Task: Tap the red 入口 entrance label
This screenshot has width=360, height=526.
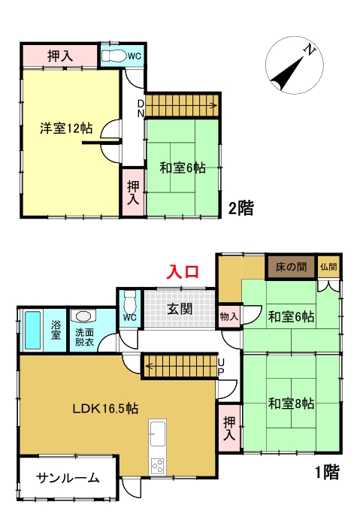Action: click(x=183, y=271)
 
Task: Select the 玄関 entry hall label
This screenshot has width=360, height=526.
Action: click(x=179, y=308)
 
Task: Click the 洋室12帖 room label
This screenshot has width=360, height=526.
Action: click(x=65, y=128)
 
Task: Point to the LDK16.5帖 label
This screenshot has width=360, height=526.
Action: click(x=105, y=409)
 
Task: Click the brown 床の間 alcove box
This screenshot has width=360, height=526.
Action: click(x=290, y=268)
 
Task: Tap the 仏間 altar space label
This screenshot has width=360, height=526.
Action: click(x=328, y=268)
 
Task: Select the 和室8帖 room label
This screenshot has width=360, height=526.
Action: click(x=292, y=404)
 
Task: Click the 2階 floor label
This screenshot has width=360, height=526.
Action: click(x=241, y=208)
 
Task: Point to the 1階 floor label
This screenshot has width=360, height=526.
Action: click(x=326, y=473)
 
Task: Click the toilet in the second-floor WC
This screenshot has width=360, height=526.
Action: click(x=115, y=56)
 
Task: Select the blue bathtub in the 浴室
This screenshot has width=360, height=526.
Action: click(x=32, y=331)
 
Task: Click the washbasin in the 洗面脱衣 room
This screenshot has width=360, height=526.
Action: click(x=83, y=317)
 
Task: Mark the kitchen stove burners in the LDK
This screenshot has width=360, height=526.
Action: click(x=158, y=466)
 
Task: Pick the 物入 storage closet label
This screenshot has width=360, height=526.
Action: click(x=228, y=316)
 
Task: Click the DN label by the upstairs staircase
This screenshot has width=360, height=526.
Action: click(x=141, y=107)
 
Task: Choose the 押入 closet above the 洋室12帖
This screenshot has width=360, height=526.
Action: click(x=59, y=55)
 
